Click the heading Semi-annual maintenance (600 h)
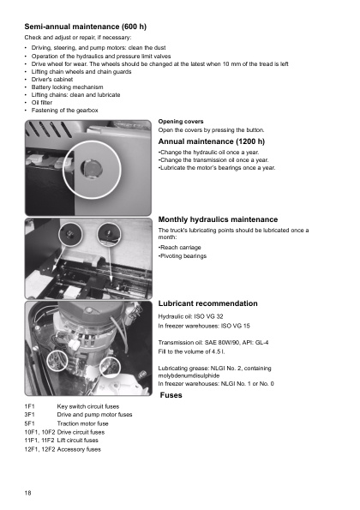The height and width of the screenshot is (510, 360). click(x=85, y=27)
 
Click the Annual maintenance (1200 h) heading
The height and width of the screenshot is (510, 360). click(x=212, y=141)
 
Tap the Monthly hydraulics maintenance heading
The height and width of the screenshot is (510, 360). click(x=218, y=219)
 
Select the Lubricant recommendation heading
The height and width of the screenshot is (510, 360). click(x=207, y=303)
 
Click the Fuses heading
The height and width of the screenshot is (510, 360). click(x=171, y=395)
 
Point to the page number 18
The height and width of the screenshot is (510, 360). click(x=27, y=493)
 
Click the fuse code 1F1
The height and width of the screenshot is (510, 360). click(x=29, y=406)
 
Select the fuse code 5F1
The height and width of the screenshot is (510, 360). click(x=29, y=423)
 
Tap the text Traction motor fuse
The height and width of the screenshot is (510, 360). click(x=82, y=423)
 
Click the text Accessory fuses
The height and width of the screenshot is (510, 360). click(x=79, y=449)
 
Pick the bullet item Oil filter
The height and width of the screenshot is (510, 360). click(x=42, y=103)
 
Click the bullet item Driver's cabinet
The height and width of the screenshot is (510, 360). click(x=52, y=80)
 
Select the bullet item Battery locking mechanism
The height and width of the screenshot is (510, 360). click(x=67, y=87)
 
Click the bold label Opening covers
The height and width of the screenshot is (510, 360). click(x=181, y=122)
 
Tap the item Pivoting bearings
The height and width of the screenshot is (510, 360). click(x=183, y=256)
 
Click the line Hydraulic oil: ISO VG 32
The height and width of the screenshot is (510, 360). click(x=190, y=316)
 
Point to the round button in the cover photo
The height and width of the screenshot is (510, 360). click(x=92, y=169)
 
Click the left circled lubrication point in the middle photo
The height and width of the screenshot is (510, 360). click(x=70, y=234)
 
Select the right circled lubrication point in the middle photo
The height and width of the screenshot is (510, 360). click(x=109, y=234)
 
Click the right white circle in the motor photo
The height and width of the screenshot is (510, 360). click(x=110, y=367)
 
